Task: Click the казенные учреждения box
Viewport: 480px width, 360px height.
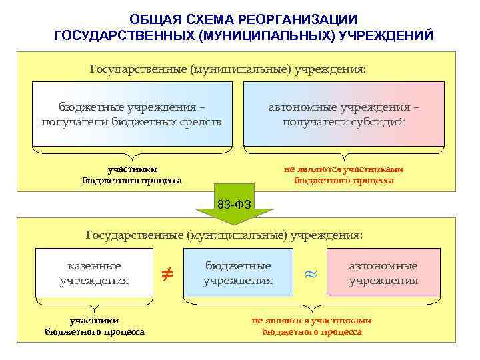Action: point(94,273)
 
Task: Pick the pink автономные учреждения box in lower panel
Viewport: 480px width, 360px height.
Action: point(383,273)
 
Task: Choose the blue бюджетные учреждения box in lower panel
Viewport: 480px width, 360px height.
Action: point(238,273)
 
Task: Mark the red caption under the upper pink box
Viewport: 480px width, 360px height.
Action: point(343,175)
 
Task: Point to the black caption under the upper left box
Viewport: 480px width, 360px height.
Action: point(132,175)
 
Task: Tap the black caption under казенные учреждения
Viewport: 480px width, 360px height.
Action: point(95,326)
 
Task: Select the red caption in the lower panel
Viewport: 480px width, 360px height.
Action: point(311,326)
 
